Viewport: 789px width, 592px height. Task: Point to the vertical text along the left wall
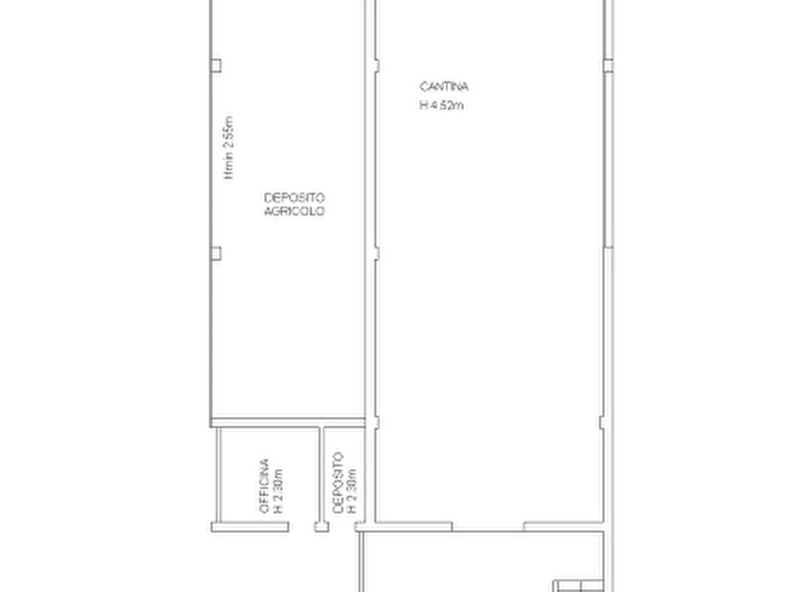pos(229,145)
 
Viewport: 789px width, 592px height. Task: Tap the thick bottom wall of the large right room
pos(486,529)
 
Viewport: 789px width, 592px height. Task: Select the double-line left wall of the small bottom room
pos(212,477)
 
